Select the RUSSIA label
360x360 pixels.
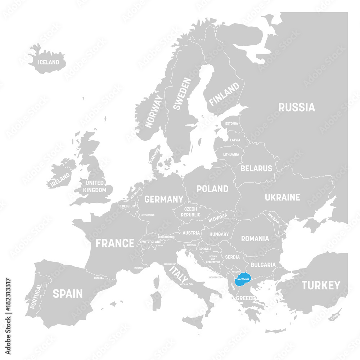296,107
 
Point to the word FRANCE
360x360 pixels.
115,243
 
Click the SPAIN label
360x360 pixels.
68,293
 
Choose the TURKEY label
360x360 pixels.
321,285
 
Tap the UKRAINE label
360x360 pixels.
282,197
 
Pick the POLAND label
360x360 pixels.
212,189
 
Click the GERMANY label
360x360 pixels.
164,199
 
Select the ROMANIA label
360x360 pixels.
255,238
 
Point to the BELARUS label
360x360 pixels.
256,168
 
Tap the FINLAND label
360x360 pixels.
224,94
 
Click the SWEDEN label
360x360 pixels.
182,93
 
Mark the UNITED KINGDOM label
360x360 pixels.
94,186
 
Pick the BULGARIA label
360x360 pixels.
263,265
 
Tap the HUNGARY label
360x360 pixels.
219,234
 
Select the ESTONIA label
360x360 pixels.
231,123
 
